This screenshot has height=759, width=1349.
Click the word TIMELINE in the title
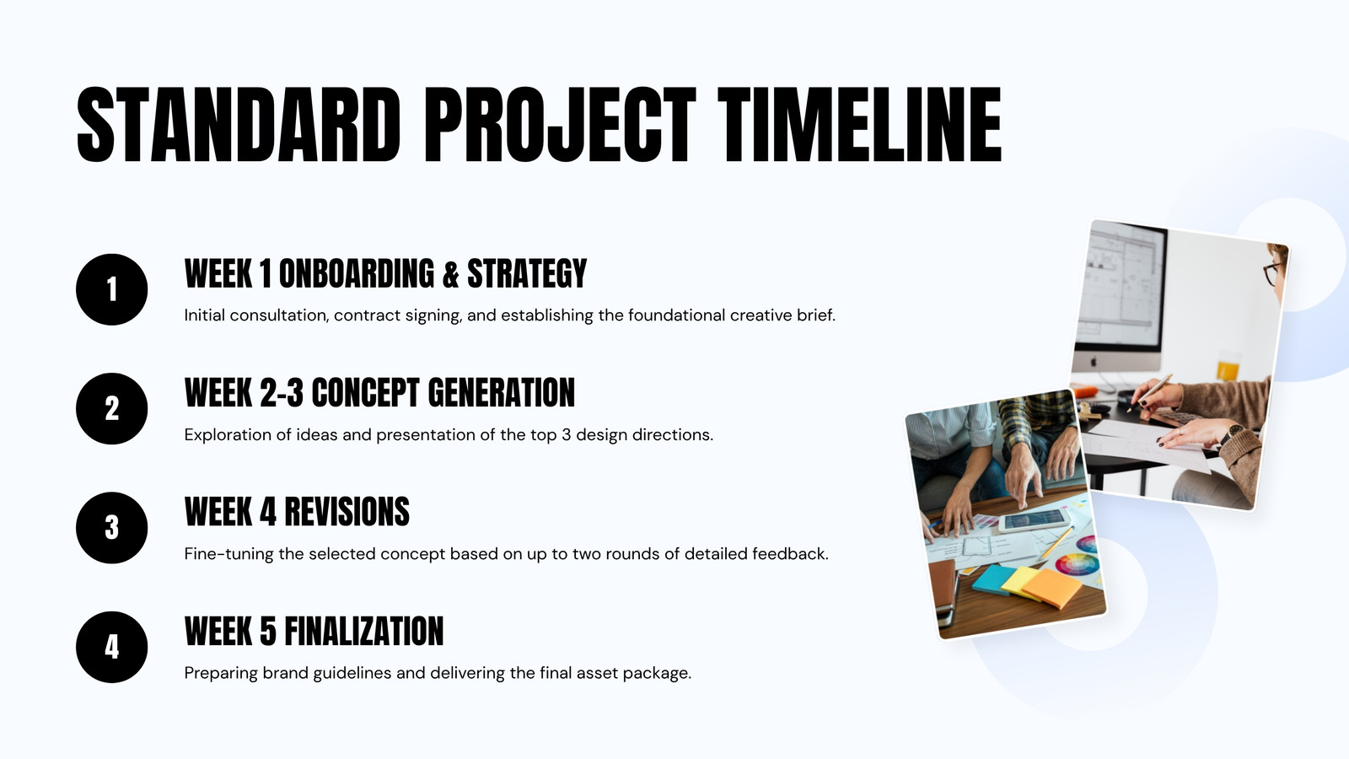(x=859, y=125)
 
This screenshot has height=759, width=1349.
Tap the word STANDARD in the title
(x=239, y=125)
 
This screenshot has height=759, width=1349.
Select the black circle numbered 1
(x=112, y=289)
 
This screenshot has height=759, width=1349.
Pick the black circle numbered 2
(x=112, y=408)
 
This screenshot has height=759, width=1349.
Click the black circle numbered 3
(x=112, y=528)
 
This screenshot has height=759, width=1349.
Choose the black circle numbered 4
(x=112, y=647)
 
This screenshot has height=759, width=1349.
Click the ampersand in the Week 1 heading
(x=450, y=274)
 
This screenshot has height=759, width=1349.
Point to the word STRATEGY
(x=527, y=274)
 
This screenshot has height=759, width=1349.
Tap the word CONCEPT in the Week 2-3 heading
(x=365, y=393)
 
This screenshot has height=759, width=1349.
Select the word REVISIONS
(x=347, y=512)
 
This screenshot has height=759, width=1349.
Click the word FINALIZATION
(x=363, y=632)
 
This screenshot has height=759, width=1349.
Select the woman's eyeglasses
(x=1273, y=272)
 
